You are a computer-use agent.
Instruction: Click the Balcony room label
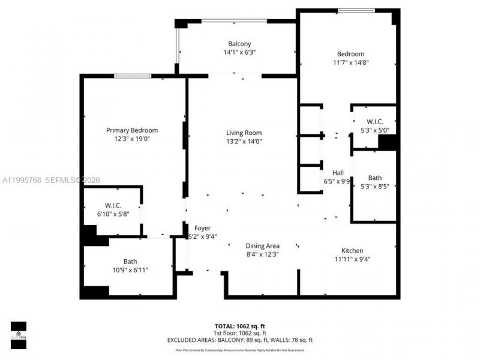pos(239,43)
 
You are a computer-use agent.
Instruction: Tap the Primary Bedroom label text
pos(132,130)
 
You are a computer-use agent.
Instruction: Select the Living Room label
pos(244,133)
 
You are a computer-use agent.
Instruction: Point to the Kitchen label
pos(352,251)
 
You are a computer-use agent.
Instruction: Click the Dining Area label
pos(263,245)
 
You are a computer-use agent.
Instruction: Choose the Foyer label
pos(202,228)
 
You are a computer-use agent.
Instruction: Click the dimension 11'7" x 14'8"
pos(350,62)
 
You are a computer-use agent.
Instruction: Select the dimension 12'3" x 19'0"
pos(132,139)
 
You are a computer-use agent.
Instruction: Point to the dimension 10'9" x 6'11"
pos(130,270)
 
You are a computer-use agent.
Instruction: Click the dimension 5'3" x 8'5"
pos(374,187)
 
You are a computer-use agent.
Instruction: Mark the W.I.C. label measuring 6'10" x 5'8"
pos(113,206)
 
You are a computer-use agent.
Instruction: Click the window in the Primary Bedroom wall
pos(133,76)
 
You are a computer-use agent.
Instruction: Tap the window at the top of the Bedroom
pos(356,10)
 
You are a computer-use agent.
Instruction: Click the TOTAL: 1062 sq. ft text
pos(239,326)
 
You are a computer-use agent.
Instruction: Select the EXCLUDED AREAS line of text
pos(239,340)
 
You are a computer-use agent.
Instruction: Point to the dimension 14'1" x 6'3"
pos(239,52)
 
